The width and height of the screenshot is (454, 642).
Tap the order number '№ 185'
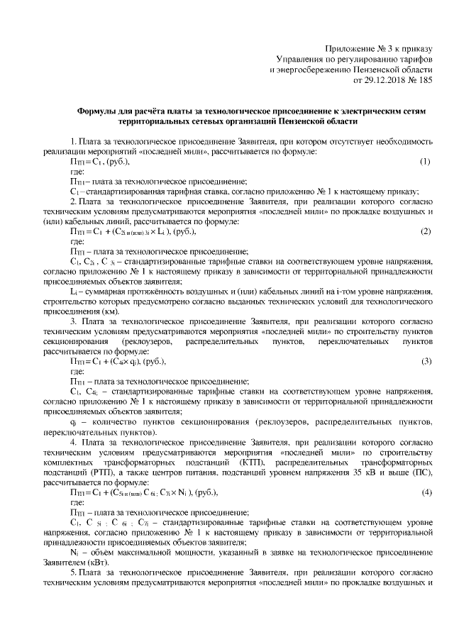tap(419, 80)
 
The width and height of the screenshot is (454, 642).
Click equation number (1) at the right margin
tap(426, 162)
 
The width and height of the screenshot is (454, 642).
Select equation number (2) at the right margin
tap(426, 231)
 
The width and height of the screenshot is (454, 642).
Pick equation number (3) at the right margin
tap(426, 361)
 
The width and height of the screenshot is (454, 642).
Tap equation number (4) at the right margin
tap(426, 492)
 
